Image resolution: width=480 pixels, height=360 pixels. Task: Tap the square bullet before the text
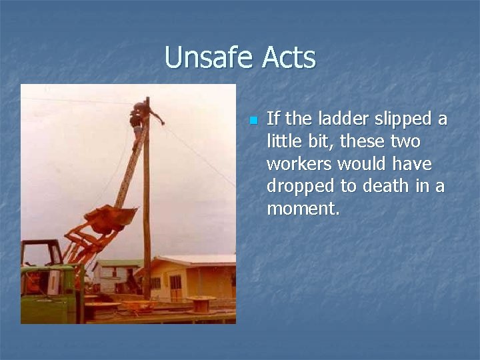point(253,121)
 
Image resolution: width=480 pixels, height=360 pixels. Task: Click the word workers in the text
point(299,164)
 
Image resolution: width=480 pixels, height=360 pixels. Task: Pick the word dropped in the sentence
point(297,186)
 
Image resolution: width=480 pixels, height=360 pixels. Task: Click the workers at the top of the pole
point(140,117)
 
